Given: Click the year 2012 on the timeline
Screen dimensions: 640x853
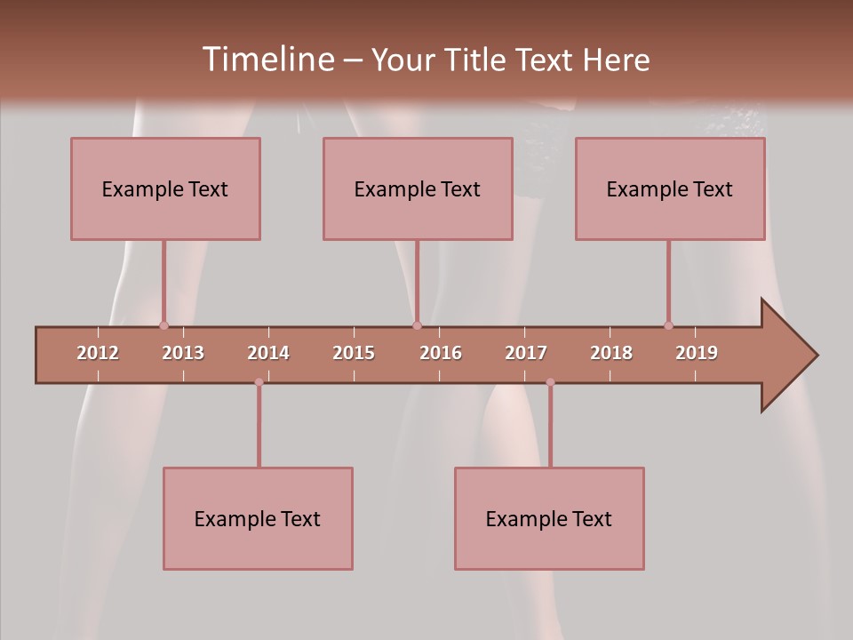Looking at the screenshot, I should (98, 353).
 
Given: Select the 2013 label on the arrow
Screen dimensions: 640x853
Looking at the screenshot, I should (183, 353).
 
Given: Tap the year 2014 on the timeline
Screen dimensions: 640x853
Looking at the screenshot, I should (268, 353).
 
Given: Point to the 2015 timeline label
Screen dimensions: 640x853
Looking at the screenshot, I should (354, 353).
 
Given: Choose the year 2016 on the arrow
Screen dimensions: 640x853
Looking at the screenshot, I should (441, 353).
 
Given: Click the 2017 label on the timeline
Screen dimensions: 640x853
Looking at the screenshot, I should (526, 353).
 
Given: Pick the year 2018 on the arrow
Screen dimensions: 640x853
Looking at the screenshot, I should (611, 353).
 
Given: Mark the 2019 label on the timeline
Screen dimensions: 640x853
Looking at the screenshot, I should (697, 353).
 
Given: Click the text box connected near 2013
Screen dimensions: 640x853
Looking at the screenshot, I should (165, 188).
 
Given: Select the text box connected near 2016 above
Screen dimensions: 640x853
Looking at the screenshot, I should (418, 188).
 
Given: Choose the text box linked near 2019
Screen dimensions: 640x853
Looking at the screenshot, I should (670, 188).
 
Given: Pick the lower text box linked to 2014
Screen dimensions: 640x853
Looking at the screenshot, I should (258, 518).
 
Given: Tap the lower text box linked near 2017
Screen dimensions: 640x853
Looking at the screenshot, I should (549, 518).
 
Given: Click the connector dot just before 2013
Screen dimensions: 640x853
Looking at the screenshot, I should (163, 325).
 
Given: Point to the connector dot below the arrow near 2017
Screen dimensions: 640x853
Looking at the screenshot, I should (550, 382).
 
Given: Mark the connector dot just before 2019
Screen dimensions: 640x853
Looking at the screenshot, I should (668, 325).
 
